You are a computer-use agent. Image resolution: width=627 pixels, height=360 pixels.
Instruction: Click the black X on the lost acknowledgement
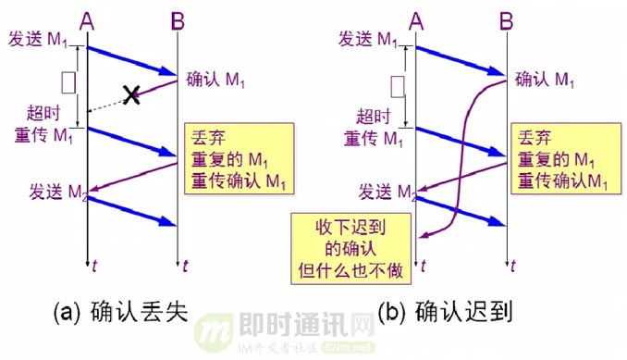pos(132,94)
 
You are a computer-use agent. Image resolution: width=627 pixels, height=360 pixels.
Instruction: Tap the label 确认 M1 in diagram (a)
pos(215,80)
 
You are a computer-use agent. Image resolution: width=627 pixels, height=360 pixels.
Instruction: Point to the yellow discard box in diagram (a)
pos(237,159)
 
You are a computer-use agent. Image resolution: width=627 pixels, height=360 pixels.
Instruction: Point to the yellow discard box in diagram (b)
pos(563,159)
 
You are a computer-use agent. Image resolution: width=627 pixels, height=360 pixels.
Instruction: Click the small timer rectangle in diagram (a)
pos(68,84)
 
